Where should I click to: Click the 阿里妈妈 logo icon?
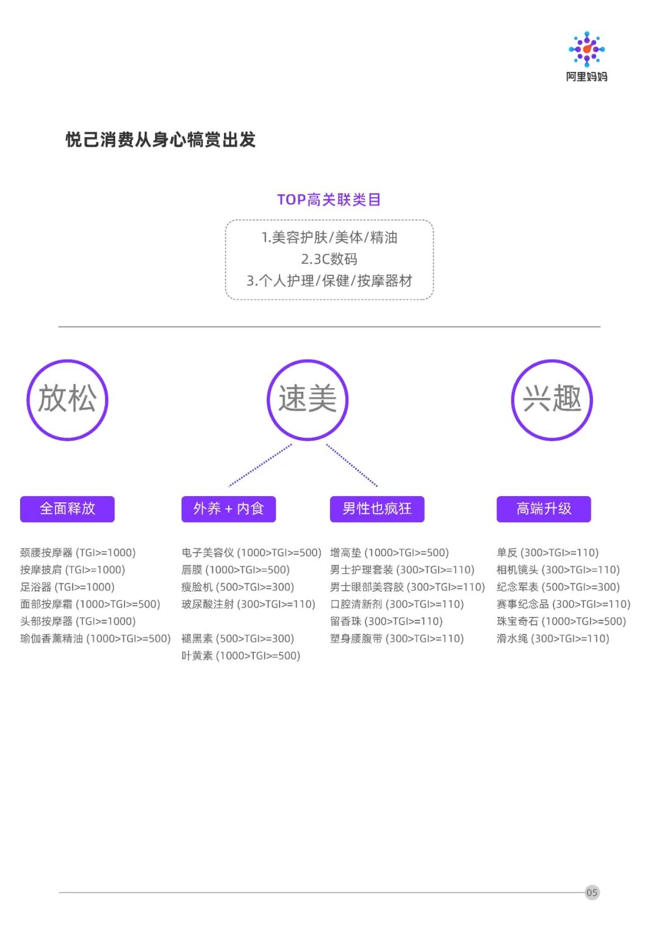pyautogui.click(x=586, y=49)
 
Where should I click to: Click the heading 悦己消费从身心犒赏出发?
pyautogui.click(x=160, y=140)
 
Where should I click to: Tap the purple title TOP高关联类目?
pyautogui.click(x=329, y=200)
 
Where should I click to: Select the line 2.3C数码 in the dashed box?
pyautogui.click(x=329, y=259)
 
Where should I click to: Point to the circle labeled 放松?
pyautogui.click(x=67, y=399)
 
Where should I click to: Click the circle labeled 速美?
pyautogui.click(x=308, y=399)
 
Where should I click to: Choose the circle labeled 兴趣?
pyautogui.click(x=552, y=399)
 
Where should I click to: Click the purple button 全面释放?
pyautogui.click(x=67, y=509)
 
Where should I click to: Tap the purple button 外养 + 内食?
pyautogui.click(x=228, y=509)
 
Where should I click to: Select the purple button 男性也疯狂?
pyautogui.click(x=377, y=509)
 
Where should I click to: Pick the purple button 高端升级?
pyautogui.click(x=544, y=509)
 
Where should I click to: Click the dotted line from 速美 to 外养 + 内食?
pyautogui.click(x=260, y=466)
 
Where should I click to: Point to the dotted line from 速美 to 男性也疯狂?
pyautogui.click(x=352, y=466)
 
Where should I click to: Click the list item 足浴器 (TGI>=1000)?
pyautogui.click(x=67, y=587)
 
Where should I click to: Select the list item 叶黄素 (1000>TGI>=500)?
pyautogui.click(x=240, y=656)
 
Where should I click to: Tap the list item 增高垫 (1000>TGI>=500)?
pyautogui.click(x=389, y=553)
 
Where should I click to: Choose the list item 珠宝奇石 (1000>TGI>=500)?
pyautogui.click(x=561, y=622)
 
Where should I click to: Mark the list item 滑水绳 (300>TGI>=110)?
pyautogui.click(x=552, y=639)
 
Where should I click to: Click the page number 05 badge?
pyautogui.click(x=592, y=892)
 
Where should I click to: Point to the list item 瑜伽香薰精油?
pyautogui.click(x=95, y=639)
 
